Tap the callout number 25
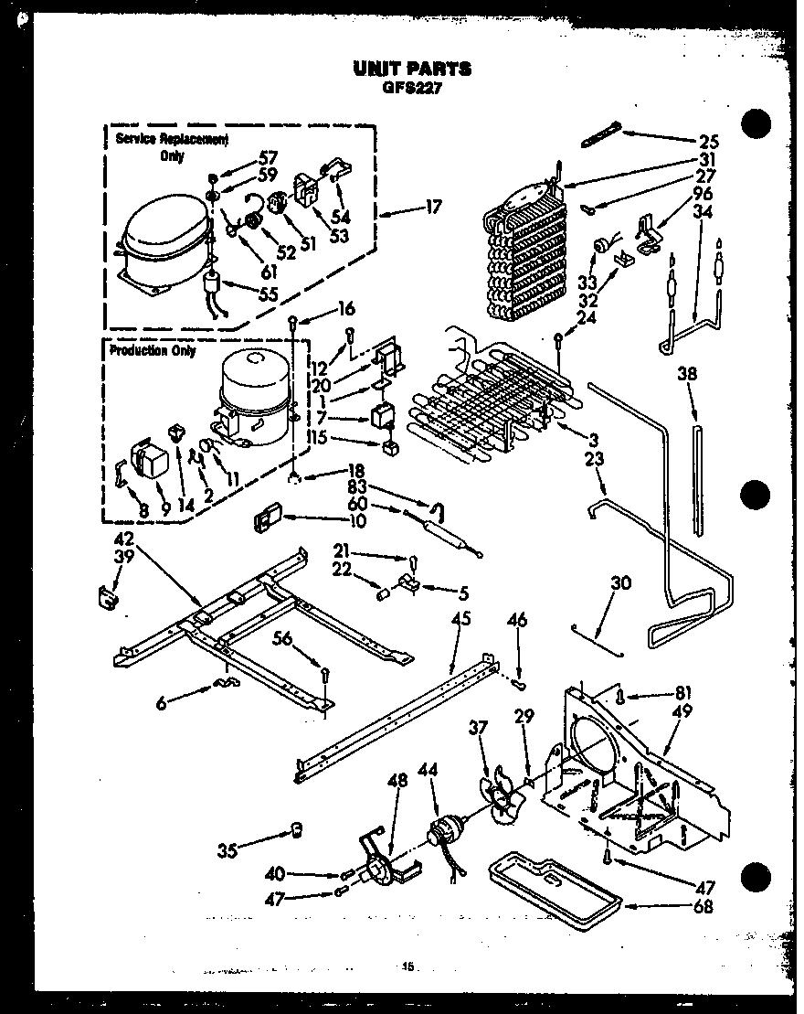click(708, 142)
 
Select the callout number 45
click(460, 619)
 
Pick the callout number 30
click(621, 583)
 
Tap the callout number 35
click(227, 851)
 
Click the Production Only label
click(153, 351)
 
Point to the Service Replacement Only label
click(159, 146)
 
